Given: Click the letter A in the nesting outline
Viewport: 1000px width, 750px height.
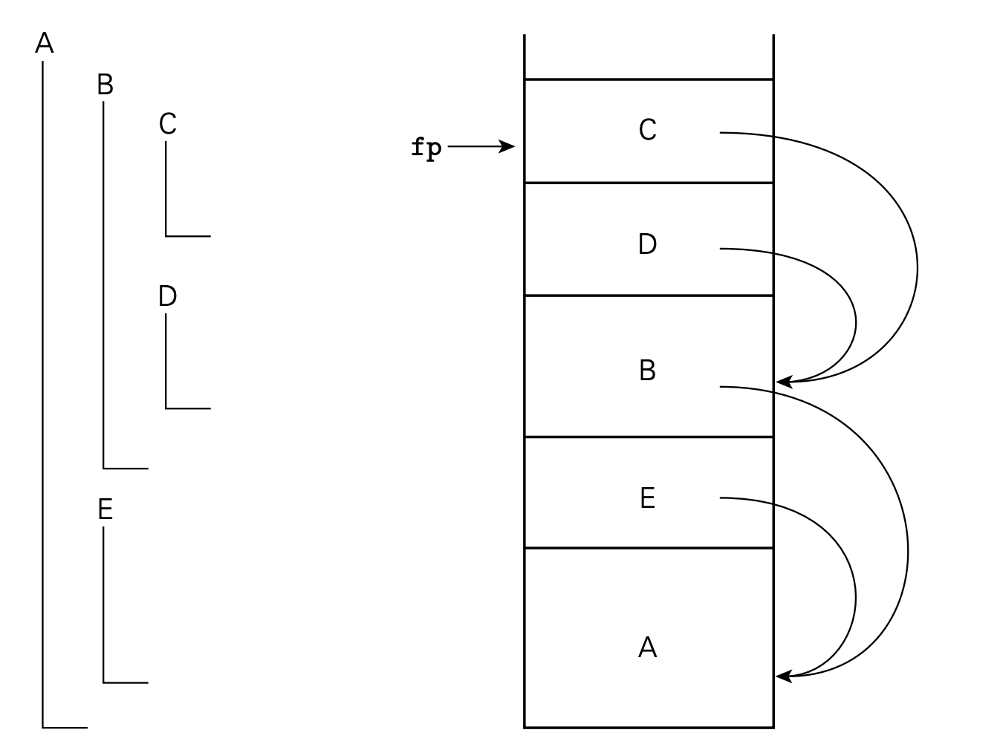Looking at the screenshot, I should coord(45,44).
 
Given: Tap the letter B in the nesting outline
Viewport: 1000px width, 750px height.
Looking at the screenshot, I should coord(105,85).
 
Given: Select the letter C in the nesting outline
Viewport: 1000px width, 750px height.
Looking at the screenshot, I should coord(167,124).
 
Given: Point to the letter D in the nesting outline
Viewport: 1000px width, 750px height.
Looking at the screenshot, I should coord(167,296).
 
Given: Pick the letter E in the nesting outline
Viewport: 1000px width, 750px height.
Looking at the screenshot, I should coord(105,509).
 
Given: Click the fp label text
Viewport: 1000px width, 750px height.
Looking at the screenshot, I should coord(426,148).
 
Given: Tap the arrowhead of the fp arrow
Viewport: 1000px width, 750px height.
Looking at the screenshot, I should coord(510,146).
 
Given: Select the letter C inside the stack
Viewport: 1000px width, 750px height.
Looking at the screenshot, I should coord(647,130).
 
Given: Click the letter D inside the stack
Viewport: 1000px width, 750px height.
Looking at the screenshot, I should coord(647,244).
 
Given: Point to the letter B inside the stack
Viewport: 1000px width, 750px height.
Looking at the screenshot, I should coord(647,370).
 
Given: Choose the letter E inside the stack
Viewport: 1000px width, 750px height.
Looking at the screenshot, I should coord(647,498).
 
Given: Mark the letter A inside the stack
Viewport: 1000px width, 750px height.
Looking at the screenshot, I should coord(647,648).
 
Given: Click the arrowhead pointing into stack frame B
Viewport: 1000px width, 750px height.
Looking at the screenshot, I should coord(782,382).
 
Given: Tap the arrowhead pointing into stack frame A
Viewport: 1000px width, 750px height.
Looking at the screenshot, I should coord(782,676).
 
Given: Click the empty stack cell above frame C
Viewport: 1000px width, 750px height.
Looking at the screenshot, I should coord(649,56).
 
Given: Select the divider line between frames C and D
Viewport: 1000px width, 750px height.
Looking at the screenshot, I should coord(649,183).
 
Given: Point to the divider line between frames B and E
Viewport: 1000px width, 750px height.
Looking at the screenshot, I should coord(649,437).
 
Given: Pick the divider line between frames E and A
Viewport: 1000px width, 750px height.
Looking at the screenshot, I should coord(649,548).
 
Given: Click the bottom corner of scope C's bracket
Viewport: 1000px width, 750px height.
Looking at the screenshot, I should coord(166,236).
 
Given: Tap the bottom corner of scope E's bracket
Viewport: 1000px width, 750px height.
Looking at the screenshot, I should coord(103,682).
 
